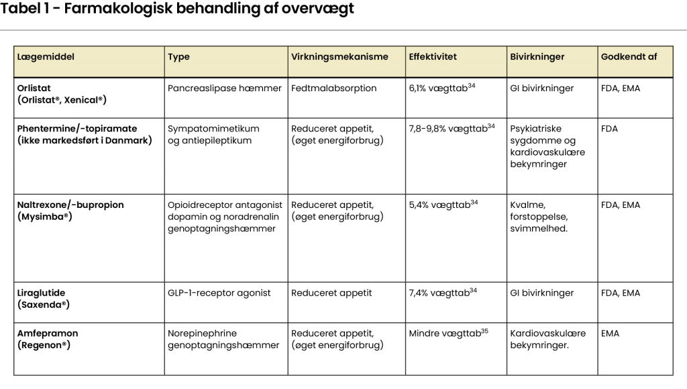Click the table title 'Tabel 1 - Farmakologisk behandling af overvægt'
coord(178,9)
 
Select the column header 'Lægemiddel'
coord(46,57)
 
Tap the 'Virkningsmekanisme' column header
coord(339,57)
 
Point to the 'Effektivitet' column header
coord(433,57)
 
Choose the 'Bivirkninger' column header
coord(537,57)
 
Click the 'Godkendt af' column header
coord(629,57)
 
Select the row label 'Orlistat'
coord(34,88)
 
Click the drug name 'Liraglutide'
coord(42,293)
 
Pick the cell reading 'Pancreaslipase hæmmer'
coord(224,88)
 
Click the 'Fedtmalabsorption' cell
coord(334,88)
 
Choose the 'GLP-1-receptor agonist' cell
coord(219,293)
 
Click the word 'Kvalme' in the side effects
coord(527,205)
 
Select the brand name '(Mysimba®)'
coord(45,217)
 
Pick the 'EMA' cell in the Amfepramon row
coord(611,333)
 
